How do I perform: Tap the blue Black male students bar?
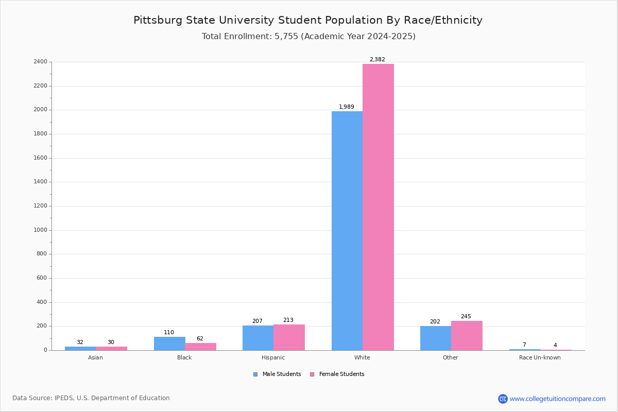click(169, 344)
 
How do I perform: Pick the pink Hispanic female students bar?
click(289, 337)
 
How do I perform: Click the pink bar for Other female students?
click(467, 335)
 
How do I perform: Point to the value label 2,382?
click(377, 60)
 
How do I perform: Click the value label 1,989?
click(346, 107)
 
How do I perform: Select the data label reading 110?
click(169, 333)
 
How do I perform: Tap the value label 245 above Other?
click(466, 317)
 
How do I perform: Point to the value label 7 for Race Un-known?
click(524, 345)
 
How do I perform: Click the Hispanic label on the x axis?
click(273, 358)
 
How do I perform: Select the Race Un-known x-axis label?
click(540, 358)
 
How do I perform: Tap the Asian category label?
click(95, 358)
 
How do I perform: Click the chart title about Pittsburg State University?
click(308, 21)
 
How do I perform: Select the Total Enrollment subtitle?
click(308, 37)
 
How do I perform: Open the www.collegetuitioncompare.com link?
click(557, 399)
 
